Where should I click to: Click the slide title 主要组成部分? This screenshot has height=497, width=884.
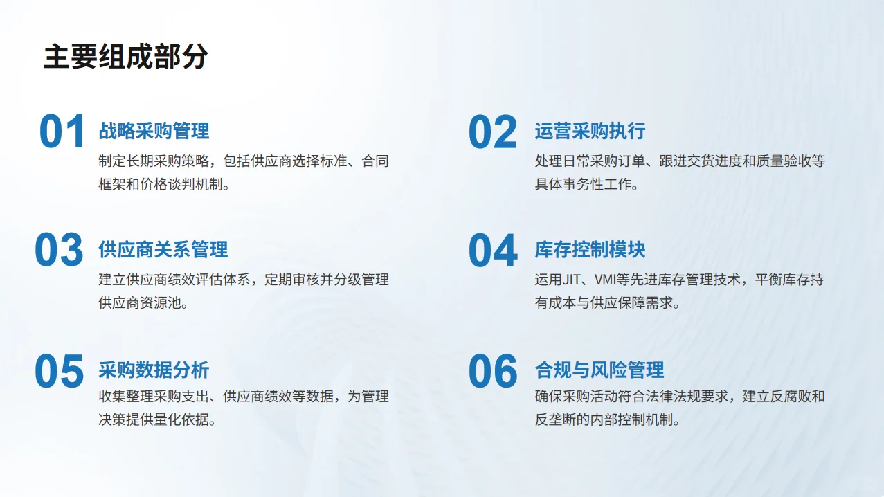(x=125, y=57)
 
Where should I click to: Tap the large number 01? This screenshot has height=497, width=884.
(x=62, y=132)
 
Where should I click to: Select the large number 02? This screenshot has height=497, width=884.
(x=493, y=132)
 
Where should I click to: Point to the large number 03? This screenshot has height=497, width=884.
(x=60, y=251)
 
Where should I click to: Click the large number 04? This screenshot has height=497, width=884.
(x=493, y=251)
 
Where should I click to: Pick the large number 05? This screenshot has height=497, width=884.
(x=60, y=371)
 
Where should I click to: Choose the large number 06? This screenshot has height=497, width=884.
(x=493, y=371)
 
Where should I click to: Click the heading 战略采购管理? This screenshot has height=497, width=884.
(x=154, y=131)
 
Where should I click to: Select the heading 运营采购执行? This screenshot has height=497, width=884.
(x=590, y=131)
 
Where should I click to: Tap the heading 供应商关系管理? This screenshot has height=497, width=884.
(x=163, y=250)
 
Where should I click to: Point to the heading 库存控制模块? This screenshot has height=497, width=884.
(x=590, y=250)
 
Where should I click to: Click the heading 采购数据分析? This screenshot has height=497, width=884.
(x=154, y=370)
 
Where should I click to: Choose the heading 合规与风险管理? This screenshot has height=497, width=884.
(x=599, y=370)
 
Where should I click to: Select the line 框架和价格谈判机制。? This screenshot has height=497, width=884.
(x=164, y=185)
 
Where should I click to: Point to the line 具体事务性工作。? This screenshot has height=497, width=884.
(x=586, y=185)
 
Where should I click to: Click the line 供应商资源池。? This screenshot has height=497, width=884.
(x=143, y=303)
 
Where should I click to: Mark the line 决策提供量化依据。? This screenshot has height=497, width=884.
(x=157, y=420)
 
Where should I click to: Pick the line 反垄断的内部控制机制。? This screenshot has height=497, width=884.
(x=607, y=420)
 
